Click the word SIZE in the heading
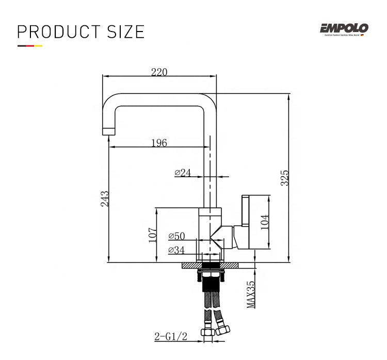[x=126, y=32]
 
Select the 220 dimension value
[x=159, y=72]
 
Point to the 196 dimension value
[x=159, y=143]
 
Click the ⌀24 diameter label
[x=183, y=173]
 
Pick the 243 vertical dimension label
[x=105, y=199]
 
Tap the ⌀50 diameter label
[x=176, y=237]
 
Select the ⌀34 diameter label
[x=176, y=251]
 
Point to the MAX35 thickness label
[x=251, y=294]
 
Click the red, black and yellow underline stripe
[x=29, y=46]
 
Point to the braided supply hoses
[x=213, y=305]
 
